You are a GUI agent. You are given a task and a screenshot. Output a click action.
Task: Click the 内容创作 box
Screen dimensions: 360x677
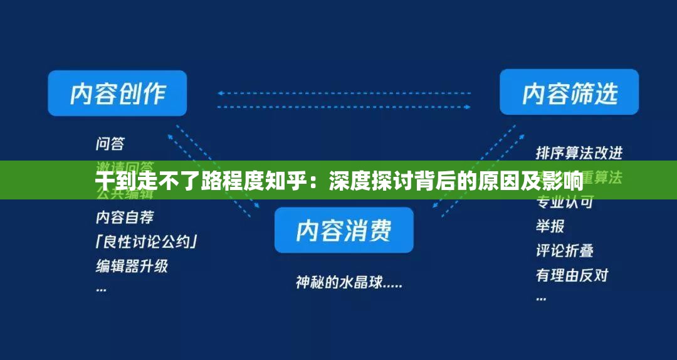[117, 93]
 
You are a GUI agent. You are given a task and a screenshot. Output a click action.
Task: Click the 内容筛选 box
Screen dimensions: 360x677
[569, 93]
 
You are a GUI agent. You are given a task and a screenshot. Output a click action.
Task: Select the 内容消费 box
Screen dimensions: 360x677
[344, 230]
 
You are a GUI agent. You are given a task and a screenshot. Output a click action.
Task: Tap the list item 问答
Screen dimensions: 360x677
[110, 144]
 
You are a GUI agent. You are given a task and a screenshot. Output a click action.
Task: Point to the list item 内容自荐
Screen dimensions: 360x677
[124, 218]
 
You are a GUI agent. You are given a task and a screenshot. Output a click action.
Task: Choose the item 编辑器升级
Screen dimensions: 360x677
[132, 265]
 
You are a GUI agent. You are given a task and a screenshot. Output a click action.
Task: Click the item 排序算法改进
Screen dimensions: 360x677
[579, 152]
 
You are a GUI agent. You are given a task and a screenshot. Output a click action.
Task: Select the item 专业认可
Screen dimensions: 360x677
[564, 203]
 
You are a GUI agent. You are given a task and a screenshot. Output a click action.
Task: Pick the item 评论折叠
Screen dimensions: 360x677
[564, 250]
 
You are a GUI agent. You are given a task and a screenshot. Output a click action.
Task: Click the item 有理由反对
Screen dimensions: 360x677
[572, 275]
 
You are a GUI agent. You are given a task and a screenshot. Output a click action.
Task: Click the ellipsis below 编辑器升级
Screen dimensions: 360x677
[101, 289]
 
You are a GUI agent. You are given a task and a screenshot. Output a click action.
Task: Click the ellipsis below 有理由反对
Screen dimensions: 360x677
[541, 298]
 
